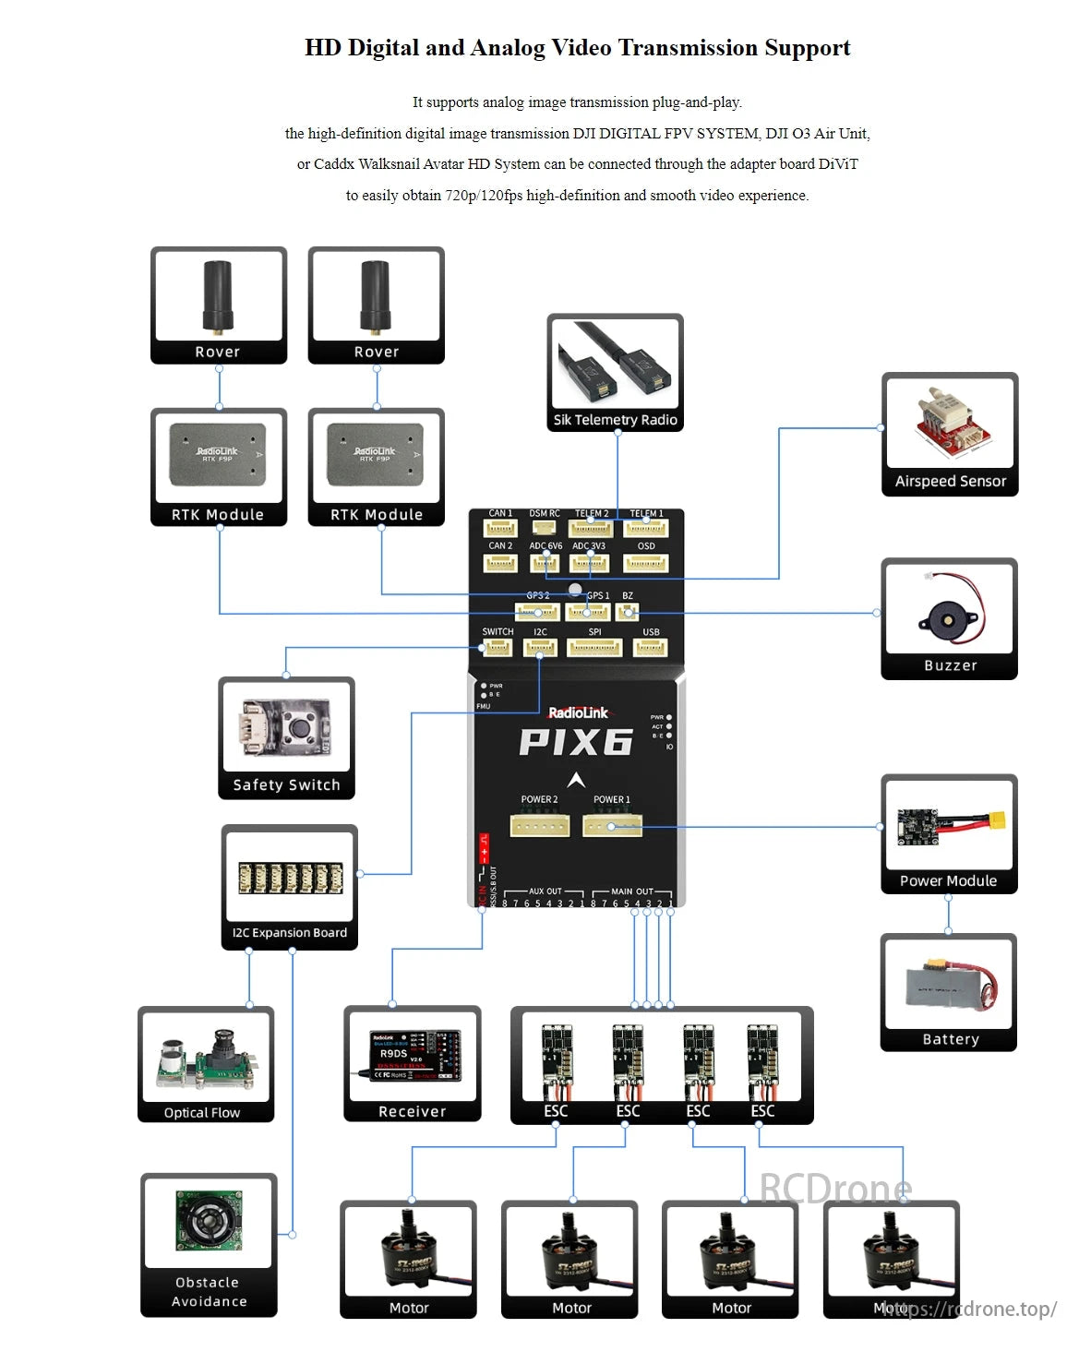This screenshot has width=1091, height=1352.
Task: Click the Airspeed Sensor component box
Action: pos(949,434)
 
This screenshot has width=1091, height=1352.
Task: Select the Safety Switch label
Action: pos(286,785)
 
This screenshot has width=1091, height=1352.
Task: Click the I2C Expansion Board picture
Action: pos(290,878)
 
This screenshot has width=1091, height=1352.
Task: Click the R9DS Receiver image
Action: pos(413,1055)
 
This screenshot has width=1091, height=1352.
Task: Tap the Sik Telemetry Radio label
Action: pos(615,420)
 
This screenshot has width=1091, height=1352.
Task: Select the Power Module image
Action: pos(949,823)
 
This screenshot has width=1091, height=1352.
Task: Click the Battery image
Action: pos(949,985)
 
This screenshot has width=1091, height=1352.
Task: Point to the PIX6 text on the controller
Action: pos(576,742)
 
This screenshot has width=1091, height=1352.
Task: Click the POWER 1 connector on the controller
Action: pos(612,825)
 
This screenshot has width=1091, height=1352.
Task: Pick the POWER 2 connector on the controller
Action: pos(539,825)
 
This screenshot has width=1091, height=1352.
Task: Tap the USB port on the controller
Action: pos(651,647)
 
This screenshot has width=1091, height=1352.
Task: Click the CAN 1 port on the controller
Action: pos(500,528)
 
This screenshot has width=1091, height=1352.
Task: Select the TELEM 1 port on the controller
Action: pos(646,528)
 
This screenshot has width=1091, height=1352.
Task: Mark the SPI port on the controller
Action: pos(594,647)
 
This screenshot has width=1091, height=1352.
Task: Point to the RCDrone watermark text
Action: pos(835,1189)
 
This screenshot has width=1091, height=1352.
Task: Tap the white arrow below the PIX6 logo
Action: pos(576,780)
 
